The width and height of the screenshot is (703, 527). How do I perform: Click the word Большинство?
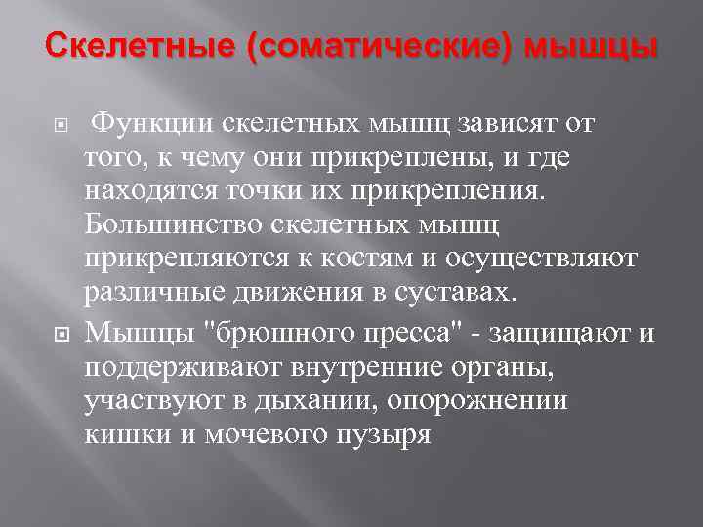[x=168, y=225]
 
